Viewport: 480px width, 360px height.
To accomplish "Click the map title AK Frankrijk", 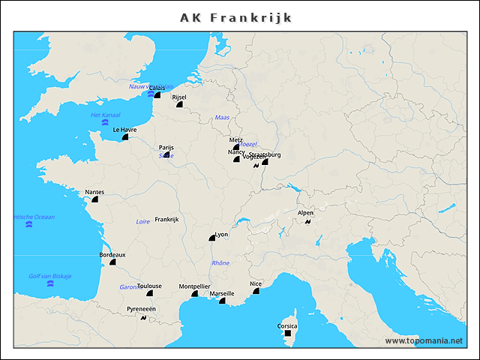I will click(236, 17).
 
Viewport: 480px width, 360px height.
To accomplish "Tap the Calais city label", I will click(157, 88).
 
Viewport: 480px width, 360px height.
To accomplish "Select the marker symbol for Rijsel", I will click(179, 106).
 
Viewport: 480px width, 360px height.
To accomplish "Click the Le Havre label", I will click(124, 129).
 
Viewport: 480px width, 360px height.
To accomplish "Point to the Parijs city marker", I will click(166, 156).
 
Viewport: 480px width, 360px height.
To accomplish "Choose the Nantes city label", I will click(94, 192).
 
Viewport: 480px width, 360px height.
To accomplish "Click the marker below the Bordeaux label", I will click(112, 262).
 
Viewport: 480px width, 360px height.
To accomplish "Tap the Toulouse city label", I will click(149, 286).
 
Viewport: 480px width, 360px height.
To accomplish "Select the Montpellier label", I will click(194, 286).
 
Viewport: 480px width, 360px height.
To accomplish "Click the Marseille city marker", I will click(222, 301).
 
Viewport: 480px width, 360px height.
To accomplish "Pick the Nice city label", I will click(256, 283).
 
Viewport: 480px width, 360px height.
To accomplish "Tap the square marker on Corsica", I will click(287, 334).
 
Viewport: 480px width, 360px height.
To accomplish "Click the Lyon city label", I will click(221, 235).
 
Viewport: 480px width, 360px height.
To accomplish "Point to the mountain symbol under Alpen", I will click(307, 221).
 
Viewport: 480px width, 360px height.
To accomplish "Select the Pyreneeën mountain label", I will click(141, 309).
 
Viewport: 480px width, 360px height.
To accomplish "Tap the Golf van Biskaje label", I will click(50, 276).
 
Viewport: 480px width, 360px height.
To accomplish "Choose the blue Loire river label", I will click(142, 221).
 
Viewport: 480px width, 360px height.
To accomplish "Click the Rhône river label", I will click(220, 263).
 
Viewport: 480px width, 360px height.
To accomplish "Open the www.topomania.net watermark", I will click(424, 340).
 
